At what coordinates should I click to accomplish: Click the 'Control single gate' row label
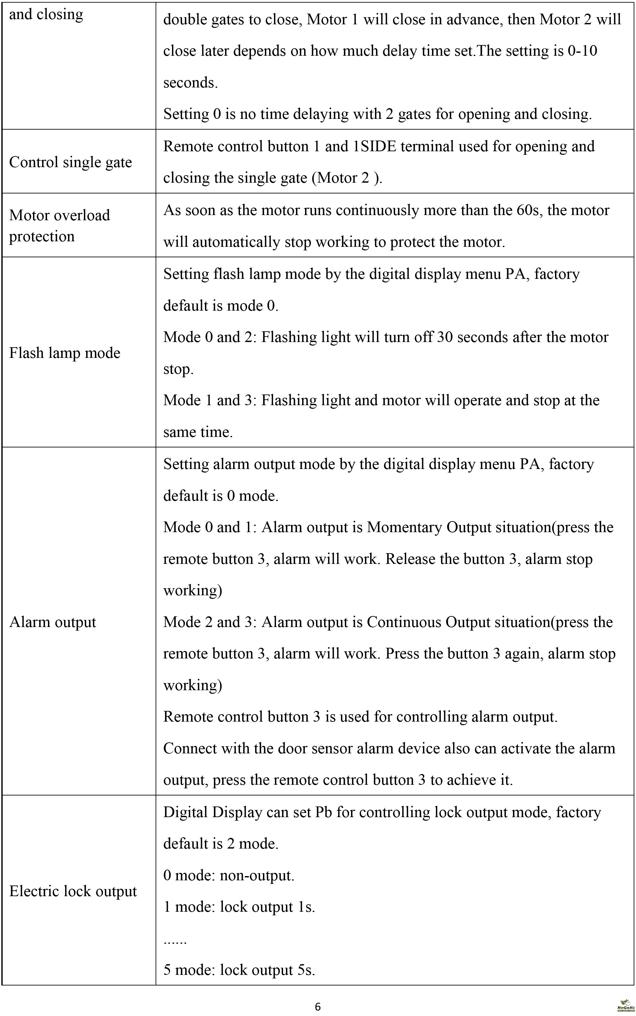coord(71,162)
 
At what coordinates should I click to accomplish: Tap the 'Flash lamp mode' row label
coord(65,353)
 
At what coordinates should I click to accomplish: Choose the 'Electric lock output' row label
coord(73,891)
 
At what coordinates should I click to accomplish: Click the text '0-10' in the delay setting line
coord(582,51)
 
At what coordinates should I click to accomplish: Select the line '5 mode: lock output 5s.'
coord(239,970)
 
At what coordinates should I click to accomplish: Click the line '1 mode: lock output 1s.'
coord(239,907)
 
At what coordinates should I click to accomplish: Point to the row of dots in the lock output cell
coord(175,940)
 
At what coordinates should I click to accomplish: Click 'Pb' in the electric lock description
coord(324,812)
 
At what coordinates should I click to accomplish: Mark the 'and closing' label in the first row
coord(46,14)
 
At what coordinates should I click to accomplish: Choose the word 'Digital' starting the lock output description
coord(186,812)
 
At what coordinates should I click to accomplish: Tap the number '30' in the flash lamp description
coord(445,337)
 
